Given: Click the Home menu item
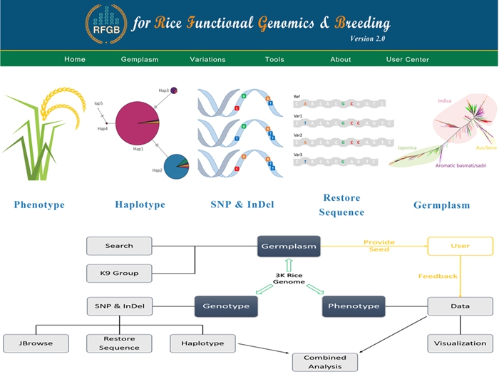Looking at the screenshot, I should click(75, 59).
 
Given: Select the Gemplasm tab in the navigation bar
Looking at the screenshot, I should click(140, 59).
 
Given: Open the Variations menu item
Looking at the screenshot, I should click(207, 59).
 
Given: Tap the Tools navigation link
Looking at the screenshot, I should click(274, 59).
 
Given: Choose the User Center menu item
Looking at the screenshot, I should click(408, 59).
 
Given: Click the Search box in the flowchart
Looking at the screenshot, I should click(119, 246).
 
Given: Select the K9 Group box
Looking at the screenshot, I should click(119, 273).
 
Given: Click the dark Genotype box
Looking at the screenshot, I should click(225, 306).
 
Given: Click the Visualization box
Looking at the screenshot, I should click(460, 343).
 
